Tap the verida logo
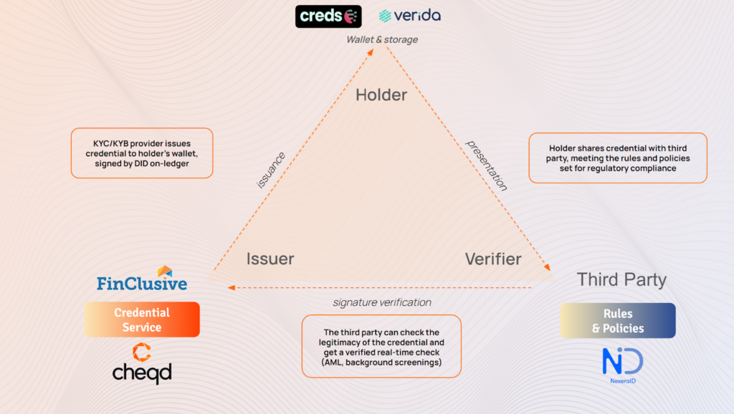click(x=409, y=16)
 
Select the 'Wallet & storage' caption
click(x=382, y=40)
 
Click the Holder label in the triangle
click(x=381, y=95)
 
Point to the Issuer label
click(x=270, y=259)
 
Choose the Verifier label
click(x=493, y=259)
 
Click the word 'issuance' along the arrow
click(x=271, y=169)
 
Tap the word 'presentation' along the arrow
click(x=487, y=165)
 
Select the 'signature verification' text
click(x=382, y=302)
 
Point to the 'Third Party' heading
click(x=621, y=279)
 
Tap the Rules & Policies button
click(x=618, y=320)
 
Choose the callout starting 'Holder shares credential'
click(x=618, y=158)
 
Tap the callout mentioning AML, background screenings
click(x=381, y=346)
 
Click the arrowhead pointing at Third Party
click(x=548, y=268)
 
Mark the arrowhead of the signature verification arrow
click(x=231, y=288)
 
